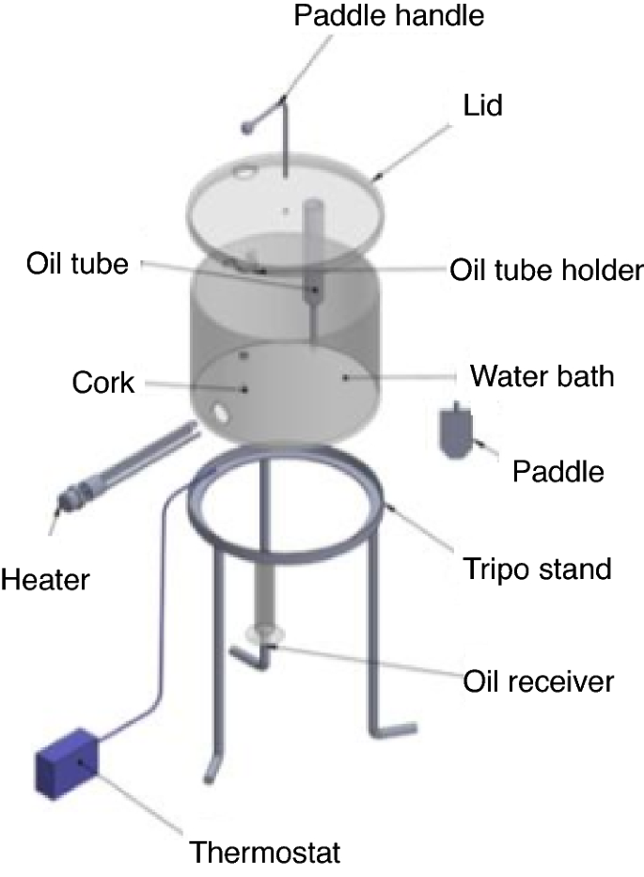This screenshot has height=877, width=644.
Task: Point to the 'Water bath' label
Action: [542, 377]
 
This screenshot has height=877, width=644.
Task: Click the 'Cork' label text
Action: [103, 384]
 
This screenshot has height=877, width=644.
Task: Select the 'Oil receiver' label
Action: [539, 680]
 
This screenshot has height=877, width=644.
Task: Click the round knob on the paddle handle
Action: [248, 123]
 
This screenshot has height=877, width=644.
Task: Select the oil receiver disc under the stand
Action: [262, 634]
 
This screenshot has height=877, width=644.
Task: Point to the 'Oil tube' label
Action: [76, 264]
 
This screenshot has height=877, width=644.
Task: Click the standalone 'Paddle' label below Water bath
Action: [558, 471]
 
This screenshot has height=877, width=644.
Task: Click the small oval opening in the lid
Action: [243, 172]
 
